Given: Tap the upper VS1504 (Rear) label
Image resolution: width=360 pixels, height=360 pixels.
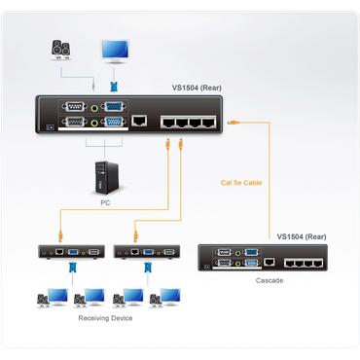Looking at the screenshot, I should tap(198, 88).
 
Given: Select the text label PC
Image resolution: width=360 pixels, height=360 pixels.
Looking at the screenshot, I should tap(105, 202).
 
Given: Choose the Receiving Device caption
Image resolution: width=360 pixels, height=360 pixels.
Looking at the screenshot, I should tap(104, 317).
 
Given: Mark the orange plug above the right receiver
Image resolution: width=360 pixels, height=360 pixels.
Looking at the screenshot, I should tap(135, 234).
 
